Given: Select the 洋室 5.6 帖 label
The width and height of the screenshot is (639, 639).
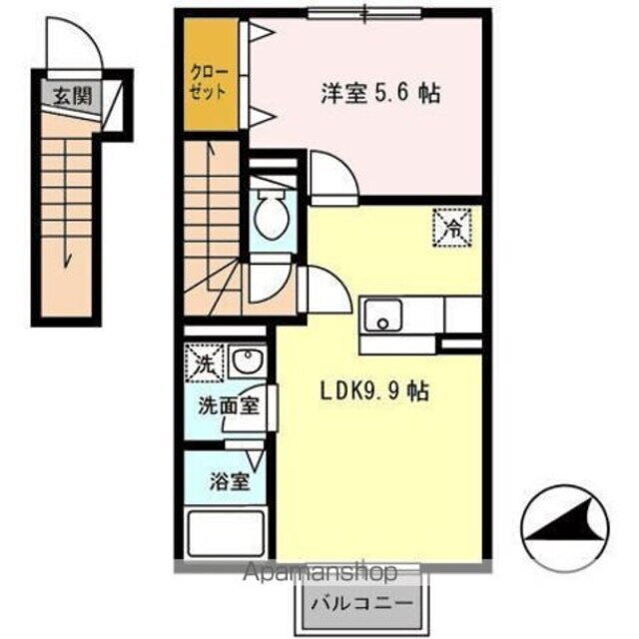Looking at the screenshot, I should tap(380, 94).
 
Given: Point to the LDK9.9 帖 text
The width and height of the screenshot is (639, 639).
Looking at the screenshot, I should tap(375, 391).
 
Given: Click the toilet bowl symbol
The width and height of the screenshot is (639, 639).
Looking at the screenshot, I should tap(270, 213).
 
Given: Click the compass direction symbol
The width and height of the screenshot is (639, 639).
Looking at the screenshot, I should tap(563, 525).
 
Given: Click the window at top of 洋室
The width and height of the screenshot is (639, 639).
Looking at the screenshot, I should tap(364, 13).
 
